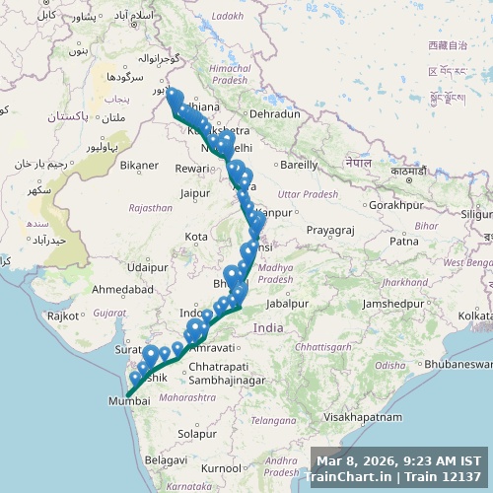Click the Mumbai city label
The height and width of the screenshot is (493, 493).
tap(129, 402)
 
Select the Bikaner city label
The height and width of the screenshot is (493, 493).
tap(138, 165)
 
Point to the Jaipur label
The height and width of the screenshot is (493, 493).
tap(195, 193)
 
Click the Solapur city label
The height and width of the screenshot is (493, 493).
tap(197, 433)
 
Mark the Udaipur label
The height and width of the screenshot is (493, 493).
tap(148, 267)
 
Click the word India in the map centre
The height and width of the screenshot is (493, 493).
tap(268, 327)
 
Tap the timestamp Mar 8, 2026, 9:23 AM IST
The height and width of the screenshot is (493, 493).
tap(398, 460)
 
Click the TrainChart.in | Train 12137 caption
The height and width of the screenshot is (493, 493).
tap(398, 477)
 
